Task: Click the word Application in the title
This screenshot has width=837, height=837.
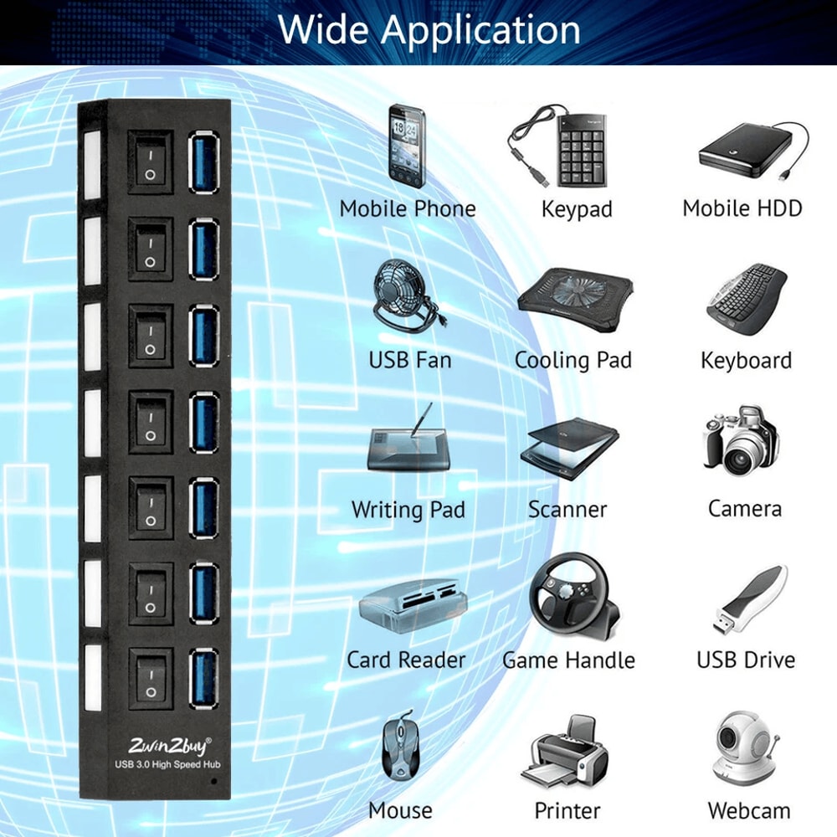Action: pyautogui.click(x=481, y=30)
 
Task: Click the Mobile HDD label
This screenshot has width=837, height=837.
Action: pyautogui.click(x=742, y=208)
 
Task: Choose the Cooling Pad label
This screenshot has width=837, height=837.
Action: pyautogui.click(x=573, y=361)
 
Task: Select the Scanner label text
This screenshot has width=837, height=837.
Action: pyautogui.click(x=567, y=509)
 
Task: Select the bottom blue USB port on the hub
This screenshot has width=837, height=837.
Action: pyautogui.click(x=204, y=674)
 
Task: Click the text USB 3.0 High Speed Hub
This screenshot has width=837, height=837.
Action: pyautogui.click(x=168, y=763)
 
